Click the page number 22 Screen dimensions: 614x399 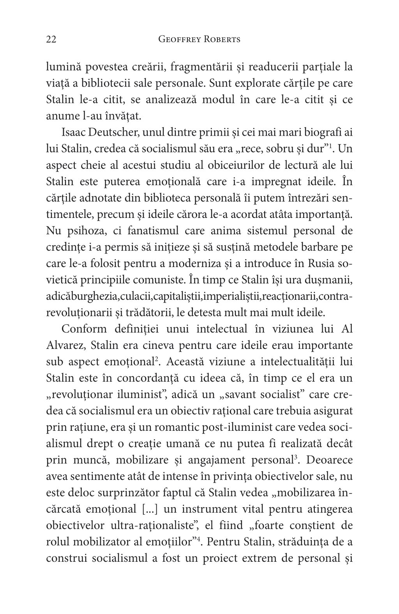tap(51, 39)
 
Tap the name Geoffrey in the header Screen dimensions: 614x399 tap(178, 39)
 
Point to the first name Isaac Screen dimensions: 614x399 tap(74, 132)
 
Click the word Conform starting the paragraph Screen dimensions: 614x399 tap(84, 329)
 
